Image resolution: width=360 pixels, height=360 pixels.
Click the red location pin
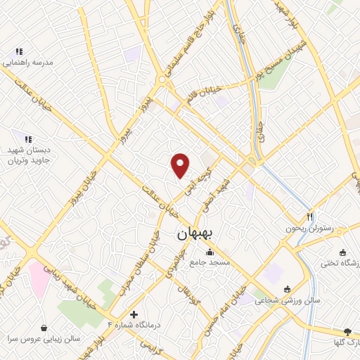(x=181, y=165)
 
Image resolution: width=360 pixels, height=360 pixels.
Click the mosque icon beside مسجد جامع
(x=209, y=252)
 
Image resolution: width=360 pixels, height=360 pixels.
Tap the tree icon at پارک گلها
(x=347, y=331)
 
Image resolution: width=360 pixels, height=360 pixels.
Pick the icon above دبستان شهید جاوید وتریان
(x=28, y=140)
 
